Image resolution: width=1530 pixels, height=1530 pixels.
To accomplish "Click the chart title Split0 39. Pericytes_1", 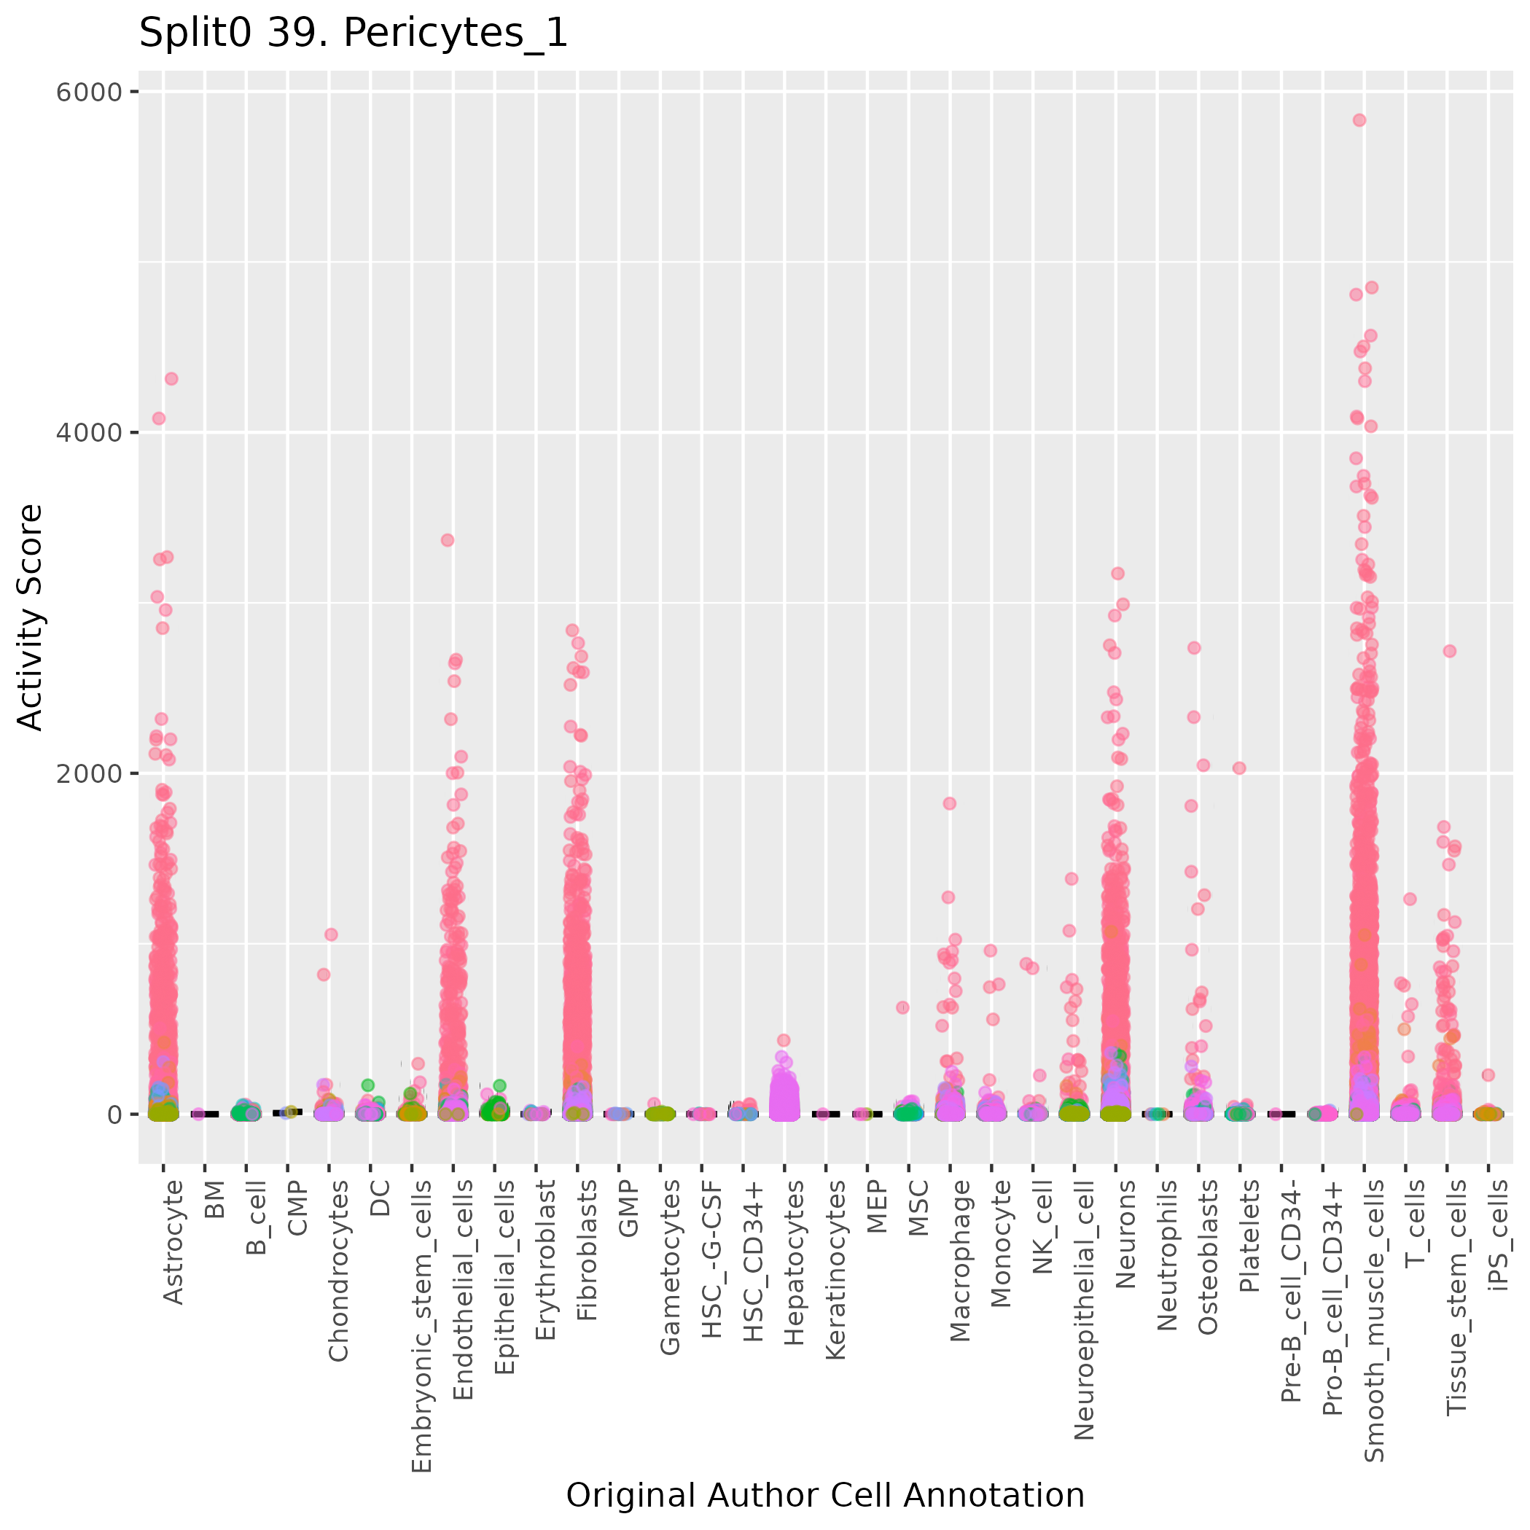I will tap(354, 34).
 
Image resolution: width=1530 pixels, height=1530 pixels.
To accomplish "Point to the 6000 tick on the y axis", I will tap(89, 92).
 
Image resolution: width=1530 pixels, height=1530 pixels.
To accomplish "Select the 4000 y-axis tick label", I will tap(89, 432).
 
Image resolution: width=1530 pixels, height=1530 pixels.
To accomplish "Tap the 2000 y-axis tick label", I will tap(89, 773).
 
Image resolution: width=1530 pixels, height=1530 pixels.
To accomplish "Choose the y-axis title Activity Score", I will tap(30, 617).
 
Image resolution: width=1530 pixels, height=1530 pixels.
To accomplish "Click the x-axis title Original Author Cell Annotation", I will tap(824, 1495).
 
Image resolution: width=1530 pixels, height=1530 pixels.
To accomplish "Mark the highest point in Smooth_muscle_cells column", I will tap(1359, 120).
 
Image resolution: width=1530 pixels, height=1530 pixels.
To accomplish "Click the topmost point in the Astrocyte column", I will tap(171, 378).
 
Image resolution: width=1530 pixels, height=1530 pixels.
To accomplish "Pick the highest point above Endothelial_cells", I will tap(447, 540).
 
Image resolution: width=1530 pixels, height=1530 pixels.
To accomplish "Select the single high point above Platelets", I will tap(1239, 768).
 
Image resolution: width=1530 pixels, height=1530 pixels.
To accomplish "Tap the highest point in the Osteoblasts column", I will tap(1194, 648).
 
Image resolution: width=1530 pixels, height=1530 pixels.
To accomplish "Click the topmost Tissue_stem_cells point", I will tap(1449, 651).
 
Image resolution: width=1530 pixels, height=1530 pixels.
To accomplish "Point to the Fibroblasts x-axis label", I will tap(587, 1249).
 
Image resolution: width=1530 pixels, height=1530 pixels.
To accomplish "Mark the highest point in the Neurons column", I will tap(1118, 574).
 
